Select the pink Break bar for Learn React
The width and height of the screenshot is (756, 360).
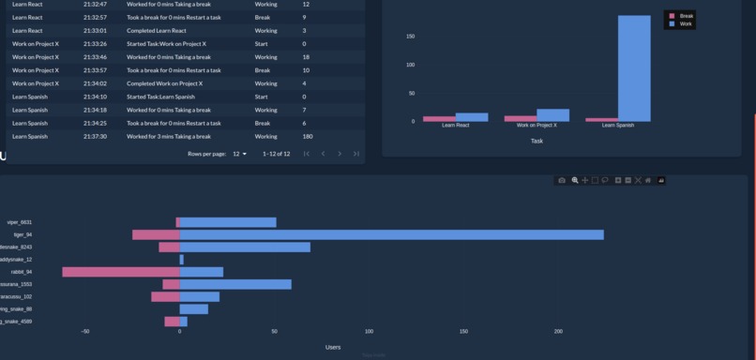[439, 119]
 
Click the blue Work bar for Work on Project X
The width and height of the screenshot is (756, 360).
[552, 115]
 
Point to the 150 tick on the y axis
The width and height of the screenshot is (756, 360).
[410, 37]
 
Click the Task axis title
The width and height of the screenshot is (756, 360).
[537, 141]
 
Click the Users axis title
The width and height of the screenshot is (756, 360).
[333, 347]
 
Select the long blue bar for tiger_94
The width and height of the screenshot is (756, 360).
[391, 234]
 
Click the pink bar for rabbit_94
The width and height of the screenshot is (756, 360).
[121, 272]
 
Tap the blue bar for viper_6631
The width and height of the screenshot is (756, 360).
[227, 222]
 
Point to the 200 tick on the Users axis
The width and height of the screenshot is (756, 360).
[558, 331]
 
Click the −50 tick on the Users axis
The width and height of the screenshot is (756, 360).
[85, 331]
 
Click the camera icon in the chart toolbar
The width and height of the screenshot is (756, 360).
[562, 180]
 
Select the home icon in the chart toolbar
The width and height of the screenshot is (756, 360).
[648, 180]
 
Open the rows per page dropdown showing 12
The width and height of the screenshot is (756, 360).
[239, 154]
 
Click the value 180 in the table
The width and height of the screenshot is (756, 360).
[308, 137]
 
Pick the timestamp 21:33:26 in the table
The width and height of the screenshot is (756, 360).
[95, 44]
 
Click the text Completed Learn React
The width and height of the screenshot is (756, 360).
[156, 31]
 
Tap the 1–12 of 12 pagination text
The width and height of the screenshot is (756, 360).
[276, 154]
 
